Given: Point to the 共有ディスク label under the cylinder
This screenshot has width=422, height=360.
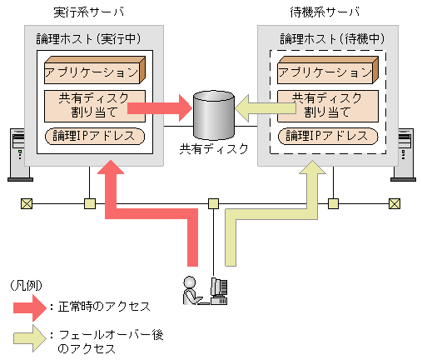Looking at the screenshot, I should pos(213,150).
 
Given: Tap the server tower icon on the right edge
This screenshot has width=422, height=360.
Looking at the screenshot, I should pos(406,154).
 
